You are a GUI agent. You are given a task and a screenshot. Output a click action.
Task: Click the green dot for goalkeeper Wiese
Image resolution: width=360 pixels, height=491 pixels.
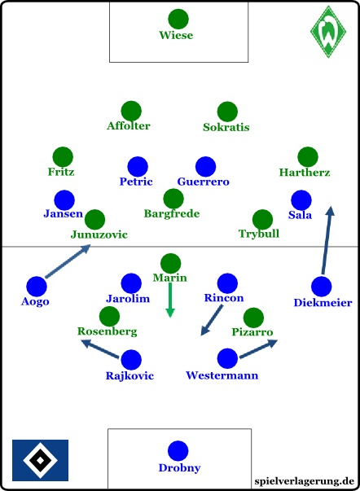(x=178, y=19)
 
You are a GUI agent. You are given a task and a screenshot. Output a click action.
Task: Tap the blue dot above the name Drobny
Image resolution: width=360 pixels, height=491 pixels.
(x=178, y=450)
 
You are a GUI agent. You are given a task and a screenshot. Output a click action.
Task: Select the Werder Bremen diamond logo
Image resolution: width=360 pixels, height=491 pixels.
(x=328, y=32)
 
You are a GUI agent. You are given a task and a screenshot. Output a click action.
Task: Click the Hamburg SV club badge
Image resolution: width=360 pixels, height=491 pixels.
(x=40, y=460)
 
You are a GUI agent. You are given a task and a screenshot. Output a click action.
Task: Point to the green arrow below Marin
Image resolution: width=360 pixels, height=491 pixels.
(x=170, y=300)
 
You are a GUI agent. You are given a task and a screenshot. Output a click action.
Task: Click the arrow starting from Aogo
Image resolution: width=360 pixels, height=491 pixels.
(x=68, y=261)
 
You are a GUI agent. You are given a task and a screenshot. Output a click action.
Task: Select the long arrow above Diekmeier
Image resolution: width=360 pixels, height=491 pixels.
(x=327, y=240)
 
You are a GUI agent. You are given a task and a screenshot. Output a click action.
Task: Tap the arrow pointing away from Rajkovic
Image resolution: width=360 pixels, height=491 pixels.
(x=100, y=349)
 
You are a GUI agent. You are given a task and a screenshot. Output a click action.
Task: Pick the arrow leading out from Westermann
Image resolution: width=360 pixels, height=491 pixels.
(x=259, y=349)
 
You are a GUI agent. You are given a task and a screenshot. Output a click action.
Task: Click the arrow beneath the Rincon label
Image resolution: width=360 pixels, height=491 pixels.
(x=212, y=320)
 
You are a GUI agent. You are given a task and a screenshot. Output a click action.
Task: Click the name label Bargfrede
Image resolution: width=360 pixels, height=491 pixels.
(x=172, y=213)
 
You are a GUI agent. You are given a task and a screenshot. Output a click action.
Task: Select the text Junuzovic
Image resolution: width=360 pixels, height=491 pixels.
(x=99, y=235)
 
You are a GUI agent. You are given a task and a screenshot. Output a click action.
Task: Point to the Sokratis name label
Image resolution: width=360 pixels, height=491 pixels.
(x=226, y=127)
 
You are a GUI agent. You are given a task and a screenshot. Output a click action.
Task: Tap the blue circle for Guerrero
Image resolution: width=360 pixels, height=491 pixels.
(x=205, y=167)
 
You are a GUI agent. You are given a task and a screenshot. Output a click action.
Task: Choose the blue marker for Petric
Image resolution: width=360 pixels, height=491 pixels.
(x=138, y=167)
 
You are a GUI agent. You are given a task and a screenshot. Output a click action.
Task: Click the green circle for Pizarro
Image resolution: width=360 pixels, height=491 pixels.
(x=253, y=318)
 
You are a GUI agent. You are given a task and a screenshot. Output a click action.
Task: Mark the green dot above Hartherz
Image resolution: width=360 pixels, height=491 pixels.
(x=308, y=157)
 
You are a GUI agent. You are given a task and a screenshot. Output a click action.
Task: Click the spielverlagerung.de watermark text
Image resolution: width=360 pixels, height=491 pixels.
(x=305, y=481)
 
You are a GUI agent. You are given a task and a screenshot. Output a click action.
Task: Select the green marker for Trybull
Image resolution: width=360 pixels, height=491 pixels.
(x=262, y=220)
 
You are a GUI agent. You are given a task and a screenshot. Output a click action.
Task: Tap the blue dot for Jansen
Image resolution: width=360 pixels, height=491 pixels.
(x=64, y=200)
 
